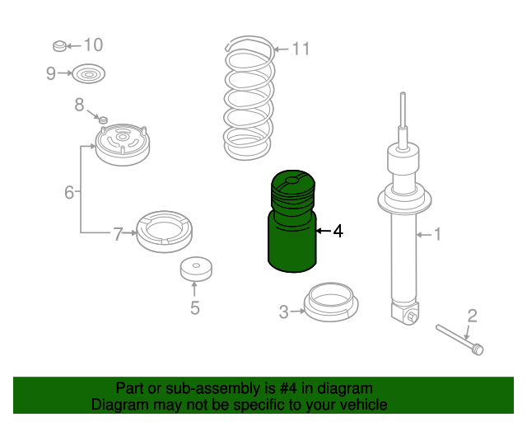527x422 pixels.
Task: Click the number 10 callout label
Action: tap(93, 45)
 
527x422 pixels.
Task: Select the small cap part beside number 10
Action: tap(58, 44)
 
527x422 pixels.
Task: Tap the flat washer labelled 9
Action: tap(87, 75)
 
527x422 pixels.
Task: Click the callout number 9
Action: tap(51, 74)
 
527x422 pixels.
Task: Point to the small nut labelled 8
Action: tap(104, 120)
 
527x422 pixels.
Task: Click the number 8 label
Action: tap(80, 105)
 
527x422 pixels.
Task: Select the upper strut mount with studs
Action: tap(124, 144)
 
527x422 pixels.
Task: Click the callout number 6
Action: tap(69, 193)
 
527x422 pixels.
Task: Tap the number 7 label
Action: tap(118, 235)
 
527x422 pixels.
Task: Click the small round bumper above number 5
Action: tap(194, 270)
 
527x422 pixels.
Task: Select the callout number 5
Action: tap(195, 309)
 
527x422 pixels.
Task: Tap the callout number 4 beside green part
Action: tap(337, 232)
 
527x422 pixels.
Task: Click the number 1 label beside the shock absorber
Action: tap(437, 235)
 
